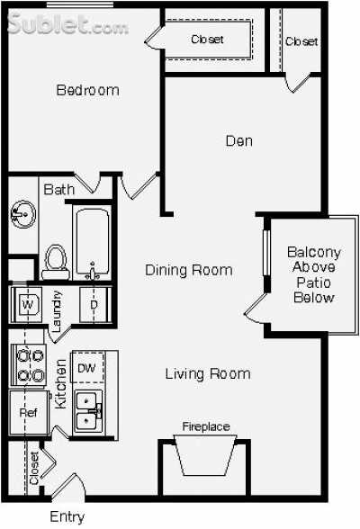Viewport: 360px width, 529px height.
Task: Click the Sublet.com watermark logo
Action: (67, 24)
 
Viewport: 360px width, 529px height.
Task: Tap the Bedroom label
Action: (87, 90)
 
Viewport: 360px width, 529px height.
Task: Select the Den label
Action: (238, 140)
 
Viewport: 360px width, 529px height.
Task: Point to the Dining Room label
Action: (189, 270)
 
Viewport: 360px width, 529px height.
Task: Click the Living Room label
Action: (208, 373)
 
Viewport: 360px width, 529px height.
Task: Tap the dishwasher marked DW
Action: (87, 368)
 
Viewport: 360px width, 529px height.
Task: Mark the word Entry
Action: (67, 516)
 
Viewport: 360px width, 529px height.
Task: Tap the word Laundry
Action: (57, 312)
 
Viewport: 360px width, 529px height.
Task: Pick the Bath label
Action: (58, 190)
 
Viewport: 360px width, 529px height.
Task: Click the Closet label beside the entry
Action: (34, 469)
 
